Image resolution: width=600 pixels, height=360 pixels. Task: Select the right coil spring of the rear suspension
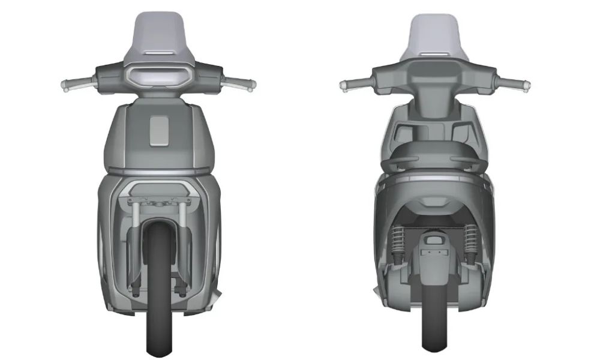pyautogui.click(x=470, y=240)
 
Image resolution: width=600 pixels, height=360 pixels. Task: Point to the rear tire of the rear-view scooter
pyautogui.click(x=434, y=312)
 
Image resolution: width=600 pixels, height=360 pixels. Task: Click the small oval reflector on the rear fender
pyautogui.click(x=434, y=241)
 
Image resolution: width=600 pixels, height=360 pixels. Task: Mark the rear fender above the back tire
pyautogui.click(x=434, y=258)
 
